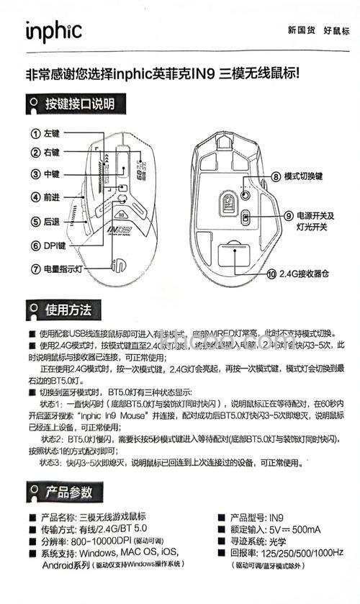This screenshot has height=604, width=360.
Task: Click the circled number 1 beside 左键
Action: [35, 133]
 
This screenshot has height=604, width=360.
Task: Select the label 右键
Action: [52, 153]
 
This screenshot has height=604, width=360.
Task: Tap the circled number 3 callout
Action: [35, 173]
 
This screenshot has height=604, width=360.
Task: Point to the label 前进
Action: [52, 197]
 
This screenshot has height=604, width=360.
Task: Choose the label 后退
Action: [52, 222]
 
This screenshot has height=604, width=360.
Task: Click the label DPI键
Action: [54, 245]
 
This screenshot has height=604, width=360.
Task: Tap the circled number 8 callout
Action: [276, 176]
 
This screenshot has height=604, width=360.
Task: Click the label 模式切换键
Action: [304, 176]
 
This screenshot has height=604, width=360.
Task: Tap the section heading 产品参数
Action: [68, 492]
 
